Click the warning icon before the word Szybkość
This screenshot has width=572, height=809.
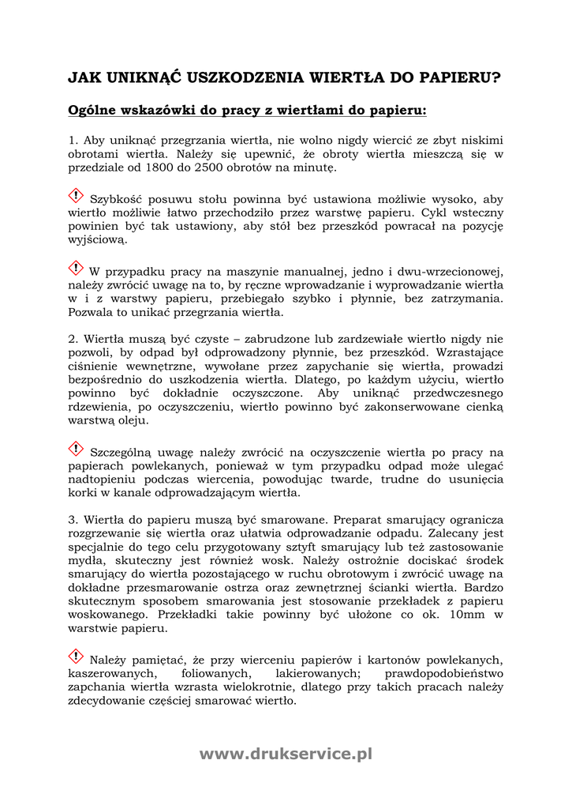pyautogui.click(x=77, y=195)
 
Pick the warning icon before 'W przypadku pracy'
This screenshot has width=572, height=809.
pyautogui.click(x=77, y=268)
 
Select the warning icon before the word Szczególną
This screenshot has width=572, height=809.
pyautogui.click(x=77, y=449)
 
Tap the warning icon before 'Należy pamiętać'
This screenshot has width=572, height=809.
pyautogui.click(x=77, y=656)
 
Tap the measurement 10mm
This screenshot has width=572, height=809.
pyautogui.click(x=452, y=615)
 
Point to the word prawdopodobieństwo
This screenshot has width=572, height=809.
pyautogui.click(x=443, y=673)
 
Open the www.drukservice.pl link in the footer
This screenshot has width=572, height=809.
pyautogui.click(x=286, y=754)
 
